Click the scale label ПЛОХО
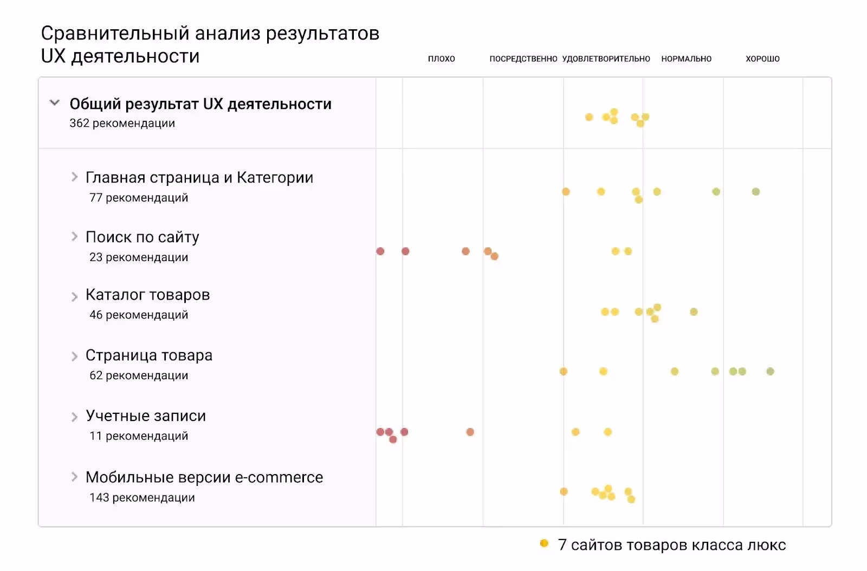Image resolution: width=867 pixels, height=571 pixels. point(441,59)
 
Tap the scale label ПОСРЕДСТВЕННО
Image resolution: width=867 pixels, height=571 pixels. point(523,59)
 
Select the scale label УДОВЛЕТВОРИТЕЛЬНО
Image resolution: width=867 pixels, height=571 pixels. point(606,59)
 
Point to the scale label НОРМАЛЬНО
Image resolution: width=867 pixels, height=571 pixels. point(686,59)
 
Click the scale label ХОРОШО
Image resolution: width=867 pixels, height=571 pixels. point(762,59)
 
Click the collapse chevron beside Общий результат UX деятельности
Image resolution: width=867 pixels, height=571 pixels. point(54,102)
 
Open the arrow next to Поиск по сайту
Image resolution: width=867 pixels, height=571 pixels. point(75,236)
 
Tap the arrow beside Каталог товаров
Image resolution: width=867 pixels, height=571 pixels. point(75,296)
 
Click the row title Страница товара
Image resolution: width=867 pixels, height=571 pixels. point(149,355)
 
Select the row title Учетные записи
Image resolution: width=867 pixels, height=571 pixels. point(146,416)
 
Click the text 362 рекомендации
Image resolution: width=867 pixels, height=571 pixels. point(122,124)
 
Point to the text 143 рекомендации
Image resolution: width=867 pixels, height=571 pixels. point(142,498)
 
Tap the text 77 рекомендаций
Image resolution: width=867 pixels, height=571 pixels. point(139,198)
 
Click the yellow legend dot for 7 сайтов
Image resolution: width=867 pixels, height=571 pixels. point(544,543)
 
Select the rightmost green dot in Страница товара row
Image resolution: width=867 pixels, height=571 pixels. point(770,371)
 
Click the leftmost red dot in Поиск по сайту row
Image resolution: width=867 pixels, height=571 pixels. point(380,251)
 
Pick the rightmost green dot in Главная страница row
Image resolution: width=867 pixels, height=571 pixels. point(756,191)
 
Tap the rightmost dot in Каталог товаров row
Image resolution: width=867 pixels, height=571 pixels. point(694,312)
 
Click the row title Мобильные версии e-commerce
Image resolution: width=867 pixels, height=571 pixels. point(204,477)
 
